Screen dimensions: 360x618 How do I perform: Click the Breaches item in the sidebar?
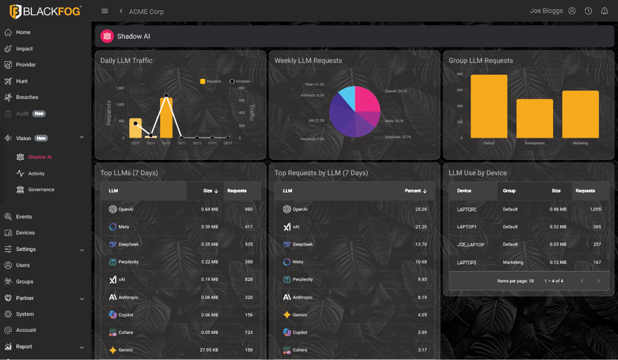(27, 97)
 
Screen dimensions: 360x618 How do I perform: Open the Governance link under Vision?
(41, 190)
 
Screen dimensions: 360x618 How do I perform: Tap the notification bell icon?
(604, 11)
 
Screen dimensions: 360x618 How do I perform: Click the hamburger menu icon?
(105, 11)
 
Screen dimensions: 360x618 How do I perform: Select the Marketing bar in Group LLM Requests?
(580, 114)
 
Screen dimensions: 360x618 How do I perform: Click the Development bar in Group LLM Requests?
(535, 119)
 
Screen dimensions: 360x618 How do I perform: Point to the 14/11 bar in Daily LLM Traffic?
(166, 117)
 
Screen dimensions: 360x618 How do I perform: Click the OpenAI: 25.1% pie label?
(396, 91)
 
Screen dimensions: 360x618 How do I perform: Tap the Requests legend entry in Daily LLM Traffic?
(211, 81)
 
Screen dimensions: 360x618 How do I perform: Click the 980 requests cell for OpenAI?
(249, 209)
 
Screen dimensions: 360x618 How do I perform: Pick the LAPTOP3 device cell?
(466, 262)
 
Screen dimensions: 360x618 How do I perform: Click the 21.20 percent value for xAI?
(421, 227)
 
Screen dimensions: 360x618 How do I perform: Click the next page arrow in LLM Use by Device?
(598, 281)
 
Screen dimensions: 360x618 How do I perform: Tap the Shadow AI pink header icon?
(107, 36)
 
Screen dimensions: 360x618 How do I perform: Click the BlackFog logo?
(45, 11)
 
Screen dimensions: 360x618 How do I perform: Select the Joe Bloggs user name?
(546, 11)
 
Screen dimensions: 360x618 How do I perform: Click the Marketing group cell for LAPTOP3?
(513, 262)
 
